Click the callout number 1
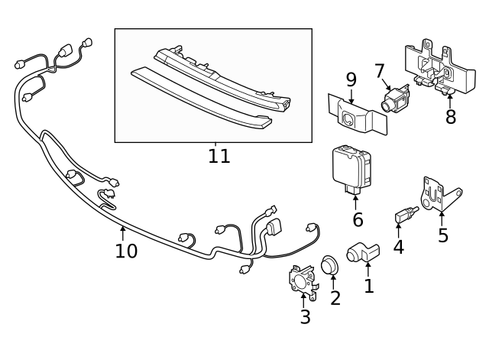click(369, 287)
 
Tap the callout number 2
click(335, 297)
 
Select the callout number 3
click(305, 317)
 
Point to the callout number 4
click(398, 247)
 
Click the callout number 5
click(443, 235)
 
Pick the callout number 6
click(358, 220)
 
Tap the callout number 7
click(380, 71)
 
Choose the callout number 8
click(450, 117)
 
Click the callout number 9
click(351, 79)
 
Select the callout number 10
click(126, 251)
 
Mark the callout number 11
click(219, 157)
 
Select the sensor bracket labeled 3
click(301, 280)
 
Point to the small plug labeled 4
click(403, 217)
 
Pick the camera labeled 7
click(396, 98)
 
